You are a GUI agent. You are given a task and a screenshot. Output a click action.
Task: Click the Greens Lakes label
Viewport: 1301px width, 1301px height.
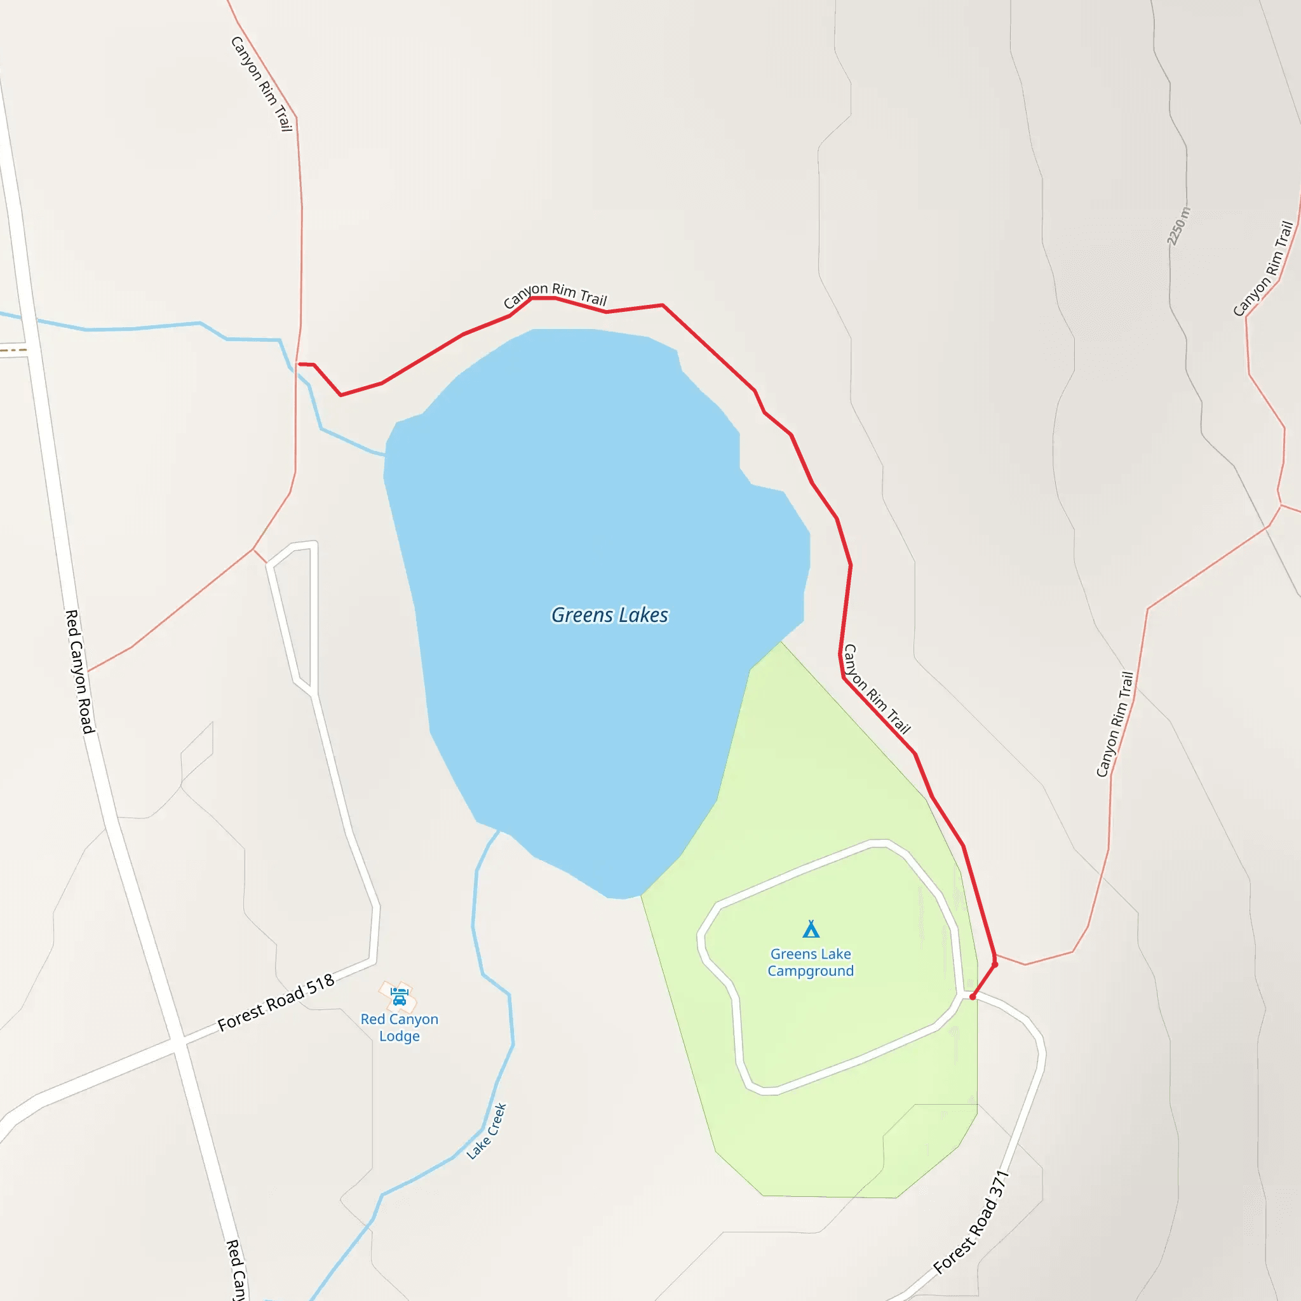pos(609,615)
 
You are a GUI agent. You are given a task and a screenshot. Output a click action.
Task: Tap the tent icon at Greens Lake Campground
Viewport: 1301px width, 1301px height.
pos(811,929)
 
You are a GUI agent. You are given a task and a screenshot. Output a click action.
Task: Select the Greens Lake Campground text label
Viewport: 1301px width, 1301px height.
pos(811,962)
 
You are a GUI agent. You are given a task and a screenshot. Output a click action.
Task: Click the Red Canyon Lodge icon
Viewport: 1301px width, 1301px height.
pos(400,996)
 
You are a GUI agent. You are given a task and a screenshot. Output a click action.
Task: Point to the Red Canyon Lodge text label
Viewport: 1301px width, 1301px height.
pos(400,1028)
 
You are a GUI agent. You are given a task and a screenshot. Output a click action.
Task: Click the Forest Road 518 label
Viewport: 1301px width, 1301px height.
pos(276,1002)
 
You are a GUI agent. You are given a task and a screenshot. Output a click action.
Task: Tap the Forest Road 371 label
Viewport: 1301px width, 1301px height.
pos(972,1222)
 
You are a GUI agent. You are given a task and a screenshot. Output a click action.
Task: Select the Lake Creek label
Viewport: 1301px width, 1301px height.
pos(487,1131)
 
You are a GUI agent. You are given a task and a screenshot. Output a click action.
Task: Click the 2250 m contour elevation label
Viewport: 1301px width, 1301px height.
pos(1178,226)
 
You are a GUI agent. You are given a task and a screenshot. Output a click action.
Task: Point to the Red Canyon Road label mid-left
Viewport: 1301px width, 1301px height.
pos(80,671)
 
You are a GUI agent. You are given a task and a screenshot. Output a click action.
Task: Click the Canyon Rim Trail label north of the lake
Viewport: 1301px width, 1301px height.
pos(556,294)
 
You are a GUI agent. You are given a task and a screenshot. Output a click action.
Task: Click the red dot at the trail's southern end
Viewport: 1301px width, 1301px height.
pos(973,997)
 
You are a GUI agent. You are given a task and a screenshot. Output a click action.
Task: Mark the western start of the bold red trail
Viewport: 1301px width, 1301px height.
pos(299,364)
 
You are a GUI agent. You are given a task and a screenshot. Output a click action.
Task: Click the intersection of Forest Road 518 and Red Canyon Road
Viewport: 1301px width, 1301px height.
pos(178,1043)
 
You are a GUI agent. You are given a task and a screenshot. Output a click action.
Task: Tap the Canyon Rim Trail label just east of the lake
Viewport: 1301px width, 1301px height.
pos(877,689)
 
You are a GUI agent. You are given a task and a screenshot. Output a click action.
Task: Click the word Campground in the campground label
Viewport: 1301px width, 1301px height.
pos(811,971)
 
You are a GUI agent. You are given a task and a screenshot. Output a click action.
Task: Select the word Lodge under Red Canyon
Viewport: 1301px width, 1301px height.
pos(400,1036)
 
